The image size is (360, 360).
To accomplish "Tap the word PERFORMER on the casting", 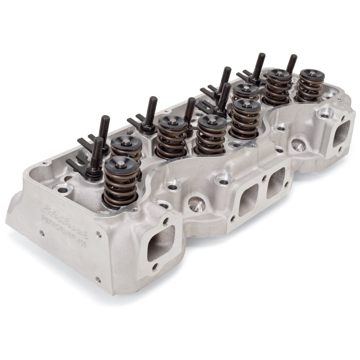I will pyautogui.click(x=59, y=226).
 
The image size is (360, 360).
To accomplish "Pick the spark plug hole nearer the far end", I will pyautogui.click(x=298, y=145).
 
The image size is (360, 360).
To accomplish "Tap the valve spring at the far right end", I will pyautogui.click(x=310, y=85).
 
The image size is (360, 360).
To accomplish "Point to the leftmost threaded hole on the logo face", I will pyautogui.click(x=41, y=233).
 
